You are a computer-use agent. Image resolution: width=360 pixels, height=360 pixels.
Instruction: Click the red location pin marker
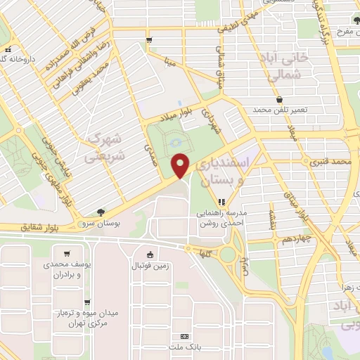(x=181, y=165)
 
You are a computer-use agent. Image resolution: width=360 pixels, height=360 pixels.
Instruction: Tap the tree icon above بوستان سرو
(x=103, y=212)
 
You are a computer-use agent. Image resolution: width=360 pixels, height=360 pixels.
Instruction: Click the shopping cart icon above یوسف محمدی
(x=66, y=254)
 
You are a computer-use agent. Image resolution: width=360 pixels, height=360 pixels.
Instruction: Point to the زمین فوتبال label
(x=150, y=266)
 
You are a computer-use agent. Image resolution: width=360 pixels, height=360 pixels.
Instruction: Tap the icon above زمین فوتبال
(x=150, y=255)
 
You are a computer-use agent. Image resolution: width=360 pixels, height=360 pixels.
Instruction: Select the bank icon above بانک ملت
(x=185, y=337)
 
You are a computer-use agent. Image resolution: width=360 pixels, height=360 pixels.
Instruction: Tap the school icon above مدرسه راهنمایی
(x=221, y=202)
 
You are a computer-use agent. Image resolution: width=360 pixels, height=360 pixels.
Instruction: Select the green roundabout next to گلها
(x=229, y=255)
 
